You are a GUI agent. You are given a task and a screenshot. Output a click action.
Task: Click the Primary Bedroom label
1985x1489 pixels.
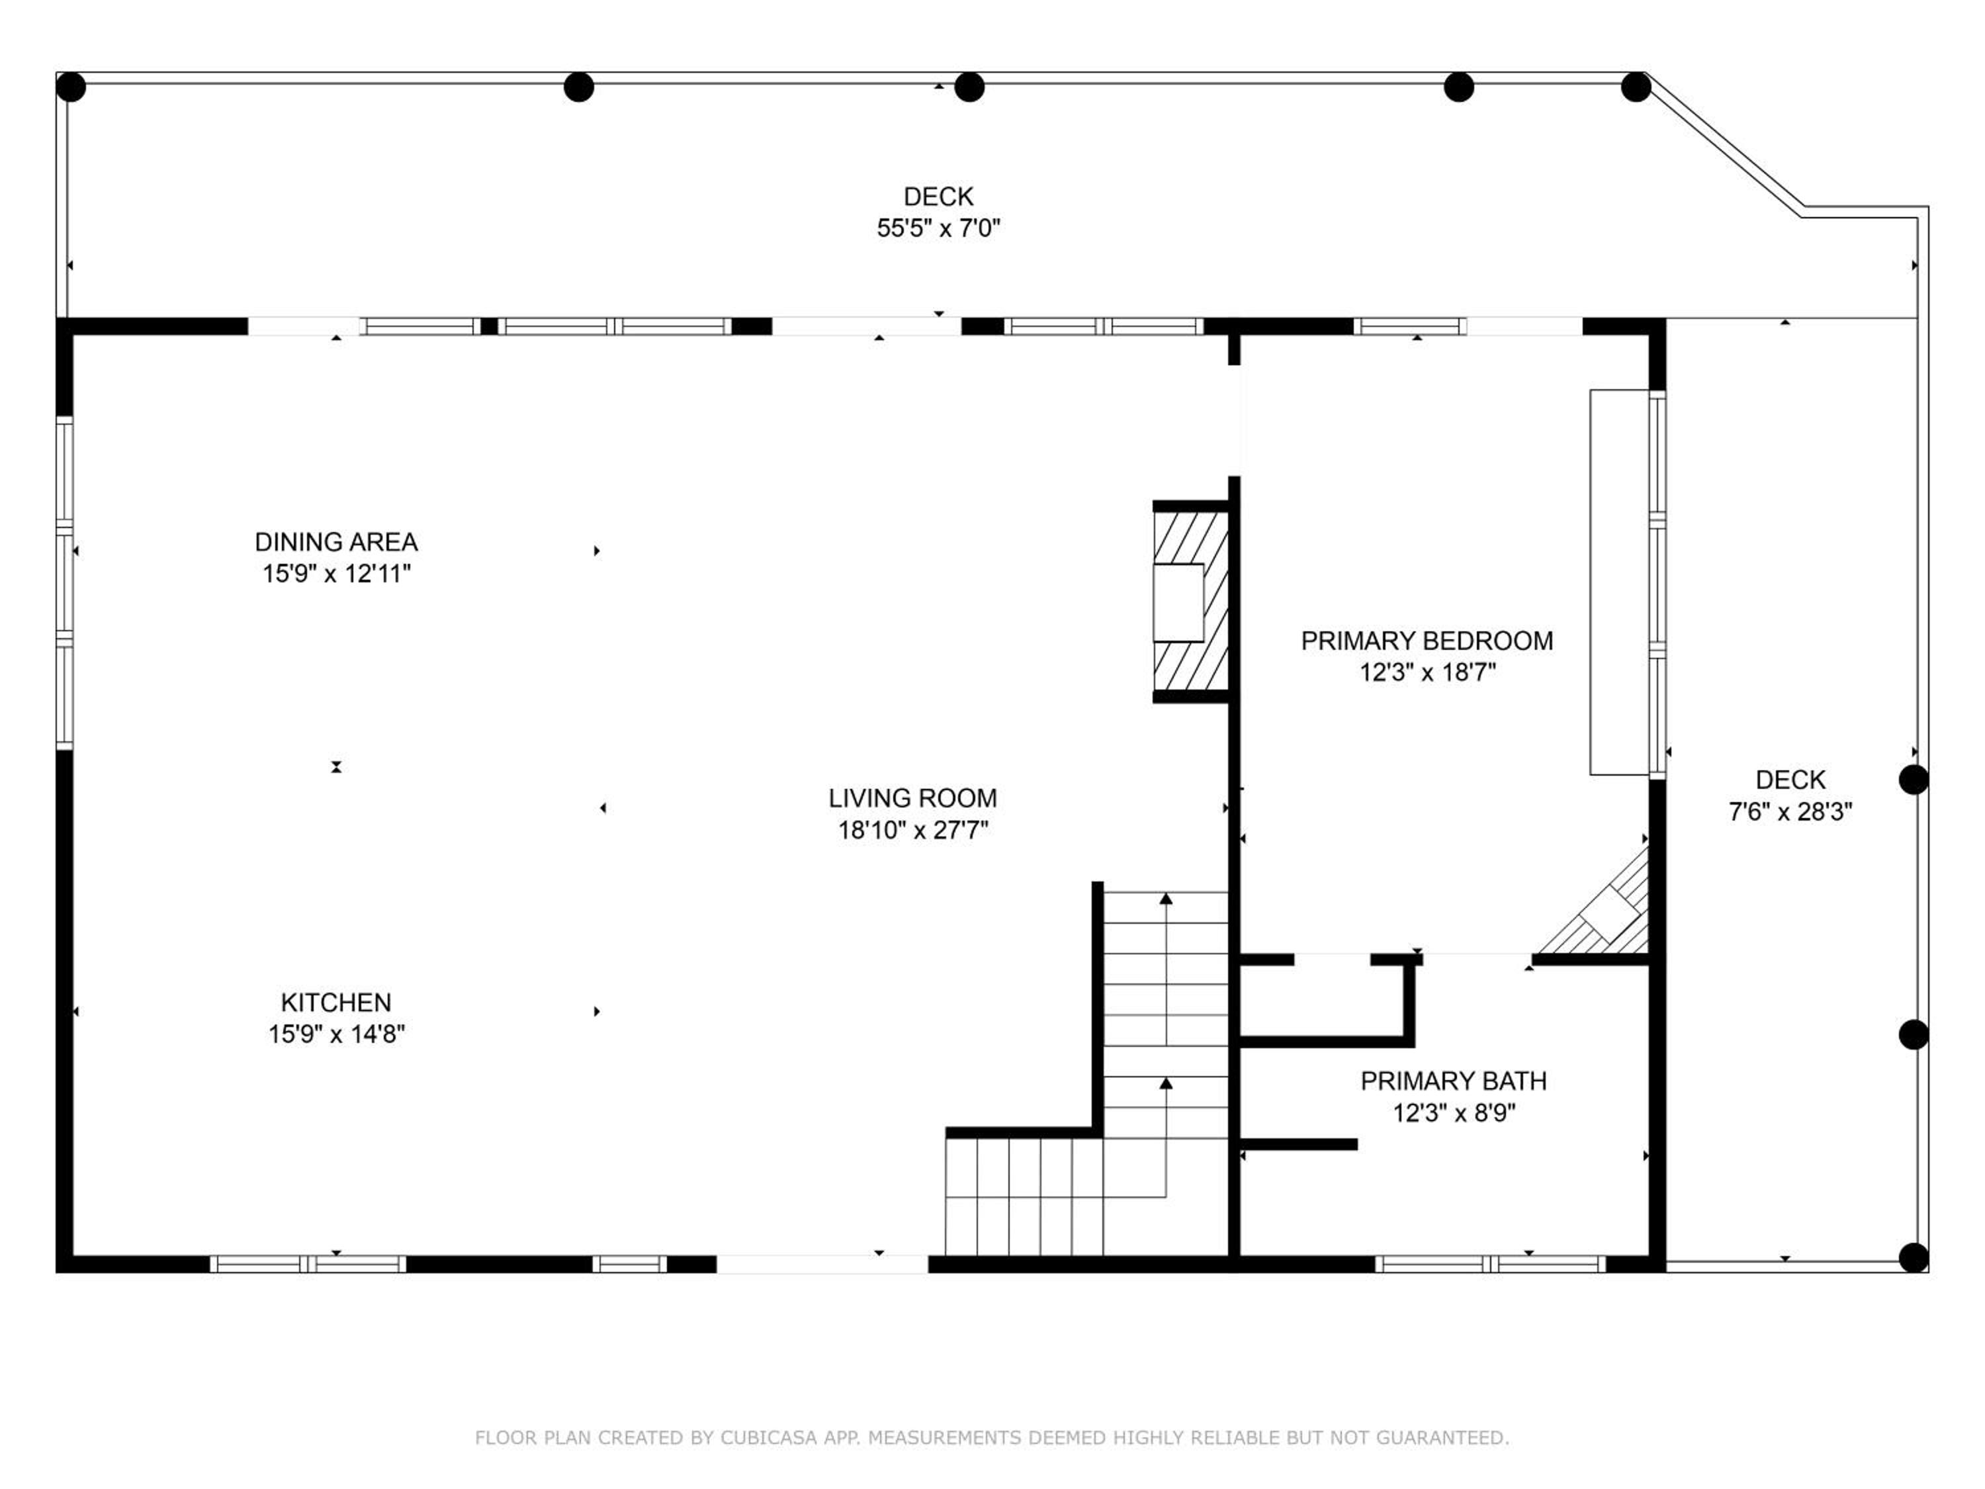(1427, 641)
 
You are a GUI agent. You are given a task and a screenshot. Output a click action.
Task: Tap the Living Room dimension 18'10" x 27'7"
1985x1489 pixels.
(912, 831)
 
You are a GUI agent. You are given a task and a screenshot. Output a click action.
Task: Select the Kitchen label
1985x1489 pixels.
(335, 1003)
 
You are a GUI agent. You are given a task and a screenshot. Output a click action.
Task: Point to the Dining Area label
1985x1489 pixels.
(335, 542)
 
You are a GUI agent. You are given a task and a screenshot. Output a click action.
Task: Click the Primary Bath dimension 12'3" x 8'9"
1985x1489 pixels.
(1454, 1113)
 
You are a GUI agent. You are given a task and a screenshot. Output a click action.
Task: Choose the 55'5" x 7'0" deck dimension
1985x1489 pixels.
(938, 228)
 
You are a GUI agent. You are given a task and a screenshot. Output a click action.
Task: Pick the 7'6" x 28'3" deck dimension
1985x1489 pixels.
(1790, 811)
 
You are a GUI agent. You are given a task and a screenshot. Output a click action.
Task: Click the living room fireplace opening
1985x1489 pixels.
(1178, 602)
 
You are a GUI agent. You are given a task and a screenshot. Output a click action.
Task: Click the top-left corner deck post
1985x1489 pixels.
(71, 88)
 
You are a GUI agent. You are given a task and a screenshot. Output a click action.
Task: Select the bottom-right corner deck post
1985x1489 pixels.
(1914, 1257)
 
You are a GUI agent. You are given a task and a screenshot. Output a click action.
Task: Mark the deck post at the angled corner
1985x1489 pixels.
(1635, 87)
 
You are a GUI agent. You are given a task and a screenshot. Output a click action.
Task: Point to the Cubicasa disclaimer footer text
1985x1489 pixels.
(992, 1438)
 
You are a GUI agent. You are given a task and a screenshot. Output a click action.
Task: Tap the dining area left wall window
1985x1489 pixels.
(65, 582)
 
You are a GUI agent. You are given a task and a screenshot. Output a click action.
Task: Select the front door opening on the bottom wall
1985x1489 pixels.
(822, 1265)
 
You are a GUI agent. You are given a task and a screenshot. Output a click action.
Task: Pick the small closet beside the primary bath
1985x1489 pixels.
(1320, 1000)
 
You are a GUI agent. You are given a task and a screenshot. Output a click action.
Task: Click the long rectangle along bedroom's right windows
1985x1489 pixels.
(1620, 582)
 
